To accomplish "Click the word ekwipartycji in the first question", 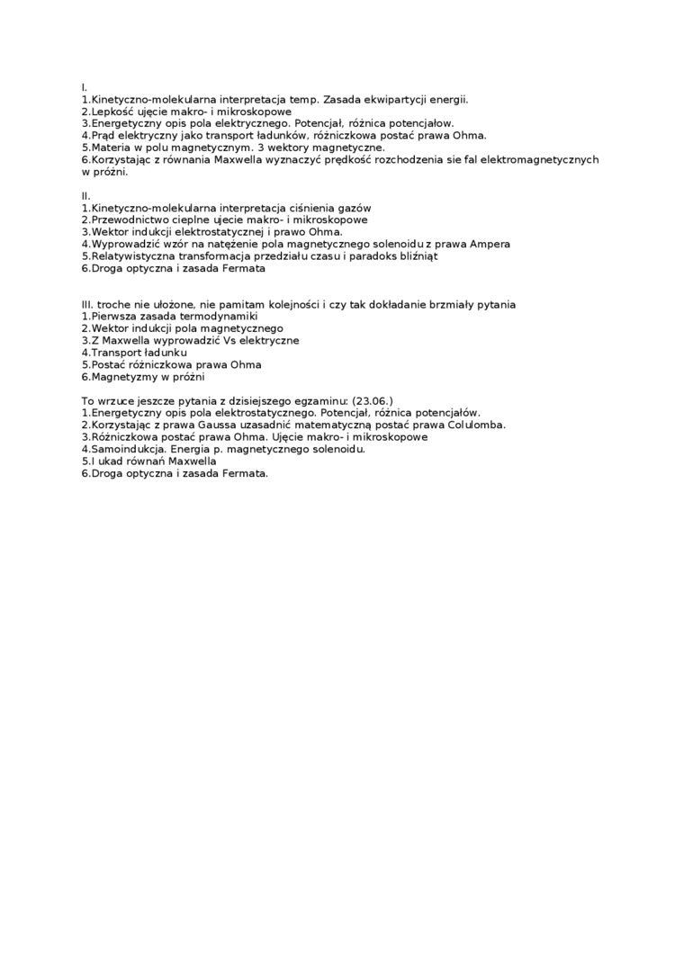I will coord(387,99).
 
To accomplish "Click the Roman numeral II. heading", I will coord(85,196).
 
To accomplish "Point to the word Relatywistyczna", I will coord(130,256).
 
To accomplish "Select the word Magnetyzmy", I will coord(121,378).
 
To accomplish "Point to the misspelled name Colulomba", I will coord(472,424).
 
